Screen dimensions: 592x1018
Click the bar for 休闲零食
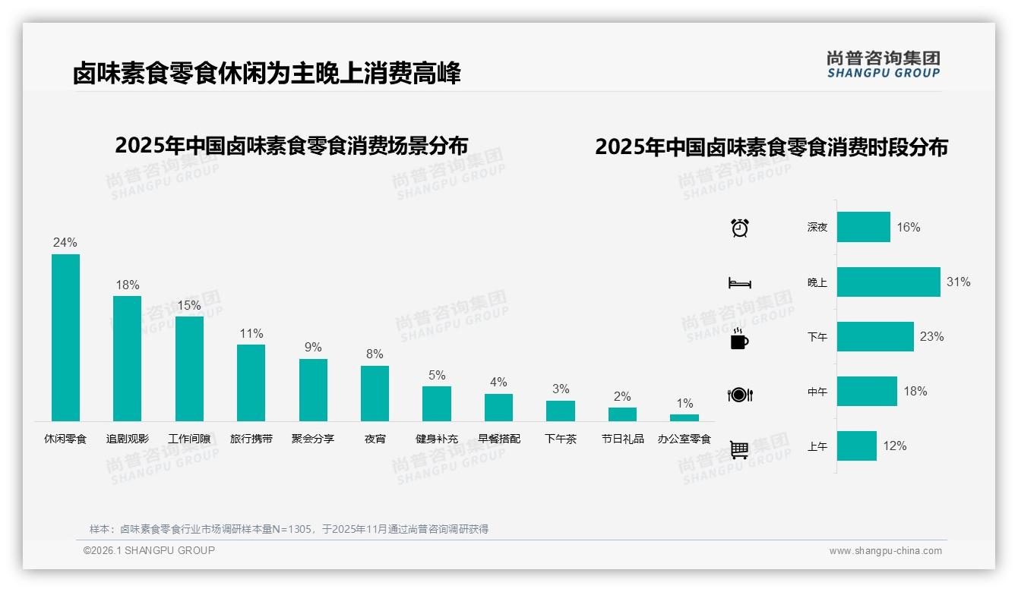click(65, 337)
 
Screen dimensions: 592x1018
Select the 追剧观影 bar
click(127, 358)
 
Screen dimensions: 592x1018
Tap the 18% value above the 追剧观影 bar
click(128, 285)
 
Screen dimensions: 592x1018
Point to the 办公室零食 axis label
click(684, 439)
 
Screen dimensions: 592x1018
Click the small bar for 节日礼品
click(622, 414)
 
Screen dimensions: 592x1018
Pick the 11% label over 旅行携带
click(251, 333)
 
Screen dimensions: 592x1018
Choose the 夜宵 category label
click(375, 439)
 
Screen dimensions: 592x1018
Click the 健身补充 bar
click(436, 404)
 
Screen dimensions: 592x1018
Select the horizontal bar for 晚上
click(888, 282)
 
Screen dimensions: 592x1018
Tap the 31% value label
click(958, 282)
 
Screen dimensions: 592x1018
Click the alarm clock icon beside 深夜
click(739, 227)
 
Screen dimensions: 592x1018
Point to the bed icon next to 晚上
click(739, 283)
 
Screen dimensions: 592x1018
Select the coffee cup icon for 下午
click(739, 339)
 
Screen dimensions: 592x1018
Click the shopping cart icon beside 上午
click(739, 449)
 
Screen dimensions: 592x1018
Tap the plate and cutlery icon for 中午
click(739, 395)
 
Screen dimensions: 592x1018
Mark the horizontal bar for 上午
click(856, 446)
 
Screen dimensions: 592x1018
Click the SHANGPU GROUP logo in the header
click(883, 65)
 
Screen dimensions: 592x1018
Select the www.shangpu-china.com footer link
click(885, 551)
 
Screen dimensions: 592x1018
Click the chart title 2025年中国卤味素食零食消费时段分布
click(771, 146)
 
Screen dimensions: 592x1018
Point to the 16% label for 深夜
click(908, 227)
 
